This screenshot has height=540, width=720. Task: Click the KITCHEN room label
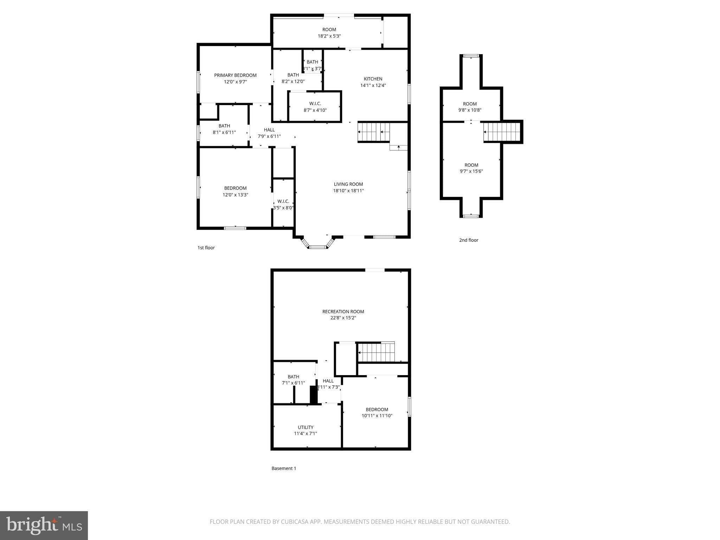[373, 79]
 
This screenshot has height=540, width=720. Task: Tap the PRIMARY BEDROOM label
[235, 75]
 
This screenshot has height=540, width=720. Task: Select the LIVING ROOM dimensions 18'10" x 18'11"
[348, 191]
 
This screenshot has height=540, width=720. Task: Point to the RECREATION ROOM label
[343, 311]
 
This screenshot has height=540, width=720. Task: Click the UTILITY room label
[306, 427]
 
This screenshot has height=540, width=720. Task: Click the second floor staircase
[502, 132]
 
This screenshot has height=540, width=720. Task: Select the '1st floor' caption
[206, 248]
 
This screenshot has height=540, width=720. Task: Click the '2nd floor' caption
[469, 240]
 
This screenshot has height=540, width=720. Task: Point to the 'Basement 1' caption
[284, 468]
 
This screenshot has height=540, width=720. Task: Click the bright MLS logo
[44, 526]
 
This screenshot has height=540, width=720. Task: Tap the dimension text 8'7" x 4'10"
[315, 110]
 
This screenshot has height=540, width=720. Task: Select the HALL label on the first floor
[269, 130]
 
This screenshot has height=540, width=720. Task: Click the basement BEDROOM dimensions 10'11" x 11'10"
[377, 416]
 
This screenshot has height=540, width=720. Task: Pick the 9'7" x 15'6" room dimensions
[471, 172]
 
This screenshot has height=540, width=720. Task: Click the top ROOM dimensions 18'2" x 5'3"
[329, 36]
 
